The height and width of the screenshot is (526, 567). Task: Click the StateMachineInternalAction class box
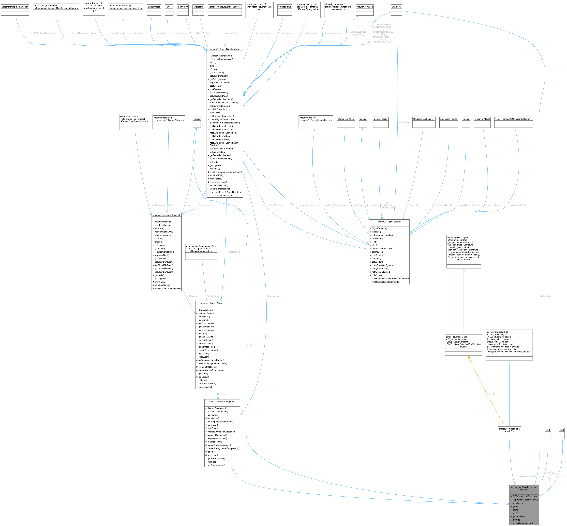[15, 7]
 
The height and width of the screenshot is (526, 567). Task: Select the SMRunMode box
[154, 7]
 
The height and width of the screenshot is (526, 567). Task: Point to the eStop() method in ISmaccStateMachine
[213, 69]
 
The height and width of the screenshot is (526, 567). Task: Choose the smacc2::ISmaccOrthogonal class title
[166, 215]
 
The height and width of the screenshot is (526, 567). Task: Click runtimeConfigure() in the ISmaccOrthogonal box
[163, 235]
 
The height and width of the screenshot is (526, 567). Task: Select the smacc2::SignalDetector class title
[389, 221]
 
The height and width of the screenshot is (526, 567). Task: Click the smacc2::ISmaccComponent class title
[222, 401]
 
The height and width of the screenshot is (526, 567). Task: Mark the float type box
[548, 430]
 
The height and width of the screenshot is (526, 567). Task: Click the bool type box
[561, 430]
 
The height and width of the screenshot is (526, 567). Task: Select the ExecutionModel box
[482, 119]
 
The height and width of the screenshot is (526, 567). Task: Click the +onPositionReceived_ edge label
[525, 476]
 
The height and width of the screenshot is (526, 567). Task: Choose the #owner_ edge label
[222, 394]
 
